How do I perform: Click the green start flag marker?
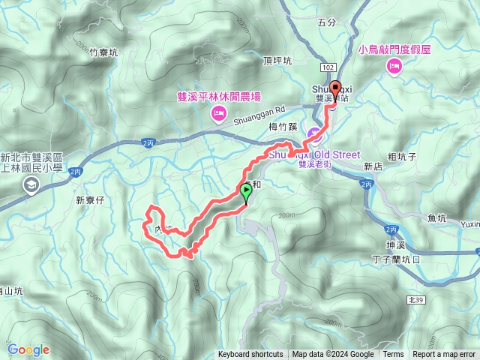[245, 194]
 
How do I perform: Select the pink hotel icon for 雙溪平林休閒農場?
[219, 114]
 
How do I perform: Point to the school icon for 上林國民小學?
[31, 187]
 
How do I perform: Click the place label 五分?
[327, 22]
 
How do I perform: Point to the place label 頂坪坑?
[277, 61]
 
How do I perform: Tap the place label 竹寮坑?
[103, 52]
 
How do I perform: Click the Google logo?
[28, 349]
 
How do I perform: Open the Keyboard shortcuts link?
[250, 355]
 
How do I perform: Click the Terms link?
[393, 355]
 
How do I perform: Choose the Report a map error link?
[444, 355]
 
